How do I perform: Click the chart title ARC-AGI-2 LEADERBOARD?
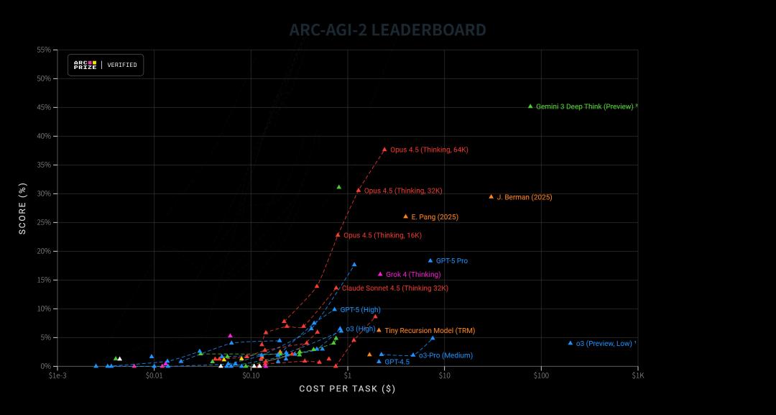click(x=388, y=30)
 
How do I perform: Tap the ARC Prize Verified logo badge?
click(x=106, y=65)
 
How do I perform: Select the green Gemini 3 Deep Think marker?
click(x=530, y=106)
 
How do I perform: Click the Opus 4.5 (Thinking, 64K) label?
click(x=429, y=150)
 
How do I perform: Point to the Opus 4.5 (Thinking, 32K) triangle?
click(x=359, y=191)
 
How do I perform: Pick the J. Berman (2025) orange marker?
click(x=491, y=196)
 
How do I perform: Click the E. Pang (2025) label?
click(x=435, y=216)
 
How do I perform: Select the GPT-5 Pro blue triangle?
click(x=430, y=260)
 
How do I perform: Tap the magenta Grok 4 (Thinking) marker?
click(x=380, y=274)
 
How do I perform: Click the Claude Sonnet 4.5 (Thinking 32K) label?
click(x=394, y=288)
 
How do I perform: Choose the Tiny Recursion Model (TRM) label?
click(x=430, y=331)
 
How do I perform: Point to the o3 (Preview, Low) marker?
click(x=571, y=343)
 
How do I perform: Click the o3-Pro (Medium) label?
click(x=445, y=355)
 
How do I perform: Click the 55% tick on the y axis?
click(x=43, y=50)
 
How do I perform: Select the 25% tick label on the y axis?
click(x=43, y=222)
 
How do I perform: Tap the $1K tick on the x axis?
click(x=638, y=375)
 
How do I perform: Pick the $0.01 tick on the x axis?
click(x=154, y=375)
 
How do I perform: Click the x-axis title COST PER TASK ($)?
click(x=347, y=389)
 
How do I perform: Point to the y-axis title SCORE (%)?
click(x=22, y=208)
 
